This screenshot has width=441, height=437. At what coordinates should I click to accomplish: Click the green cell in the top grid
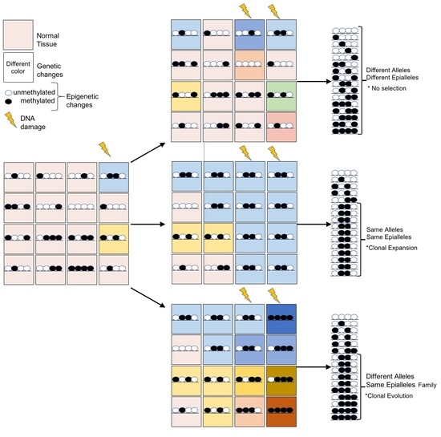pyautogui.click(x=281, y=97)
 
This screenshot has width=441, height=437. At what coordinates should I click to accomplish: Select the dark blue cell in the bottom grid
pyautogui.click(x=281, y=318)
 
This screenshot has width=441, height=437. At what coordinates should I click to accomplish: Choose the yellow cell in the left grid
pyautogui.click(x=114, y=237)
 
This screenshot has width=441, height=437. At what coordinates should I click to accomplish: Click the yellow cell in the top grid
pyautogui.click(x=185, y=97)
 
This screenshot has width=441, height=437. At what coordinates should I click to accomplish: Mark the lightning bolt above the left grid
pyautogui.click(x=103, y=149)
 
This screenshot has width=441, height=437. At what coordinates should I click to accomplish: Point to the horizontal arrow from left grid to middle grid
pyautogui.click(x=148, y=226)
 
